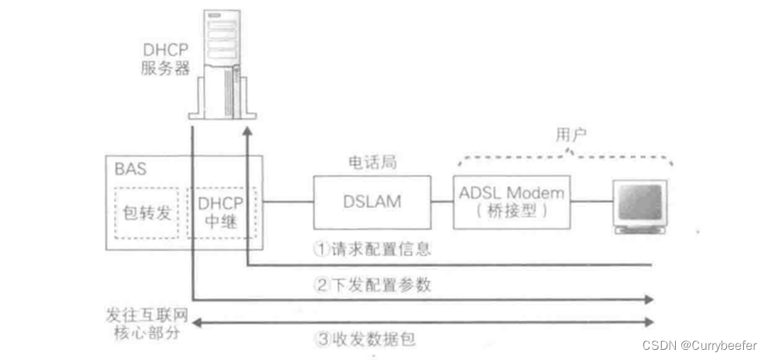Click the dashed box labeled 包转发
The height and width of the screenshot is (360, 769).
click(146, 213)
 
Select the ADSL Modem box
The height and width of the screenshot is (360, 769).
click(512, 201)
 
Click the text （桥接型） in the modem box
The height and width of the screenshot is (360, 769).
click(512, 212)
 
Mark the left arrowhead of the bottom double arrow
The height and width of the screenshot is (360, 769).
click(195, 322)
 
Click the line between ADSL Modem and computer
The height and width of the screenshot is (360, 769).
click(591, 202)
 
